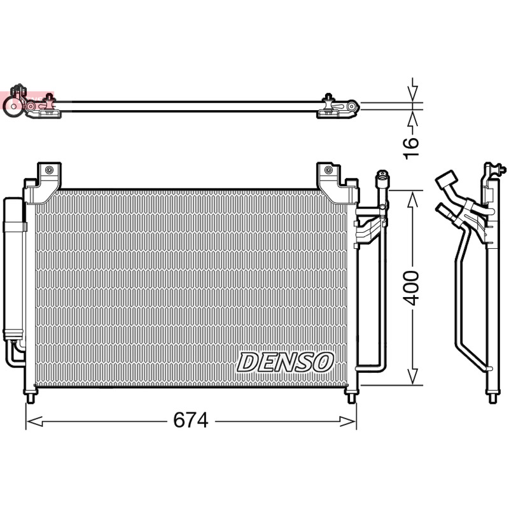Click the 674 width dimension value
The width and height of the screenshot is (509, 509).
190,421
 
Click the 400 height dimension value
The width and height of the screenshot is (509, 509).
412,288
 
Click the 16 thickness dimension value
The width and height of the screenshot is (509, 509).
411,148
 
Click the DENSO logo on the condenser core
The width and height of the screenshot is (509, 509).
285,363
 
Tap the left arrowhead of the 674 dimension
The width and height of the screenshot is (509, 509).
34,421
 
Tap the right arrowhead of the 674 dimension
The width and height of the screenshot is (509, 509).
348,421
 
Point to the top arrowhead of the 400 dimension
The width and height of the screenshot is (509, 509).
412,200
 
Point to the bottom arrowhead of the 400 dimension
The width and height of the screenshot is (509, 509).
412,376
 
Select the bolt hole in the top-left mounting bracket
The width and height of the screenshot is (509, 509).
49,170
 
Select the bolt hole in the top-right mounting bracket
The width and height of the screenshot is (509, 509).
328,170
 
